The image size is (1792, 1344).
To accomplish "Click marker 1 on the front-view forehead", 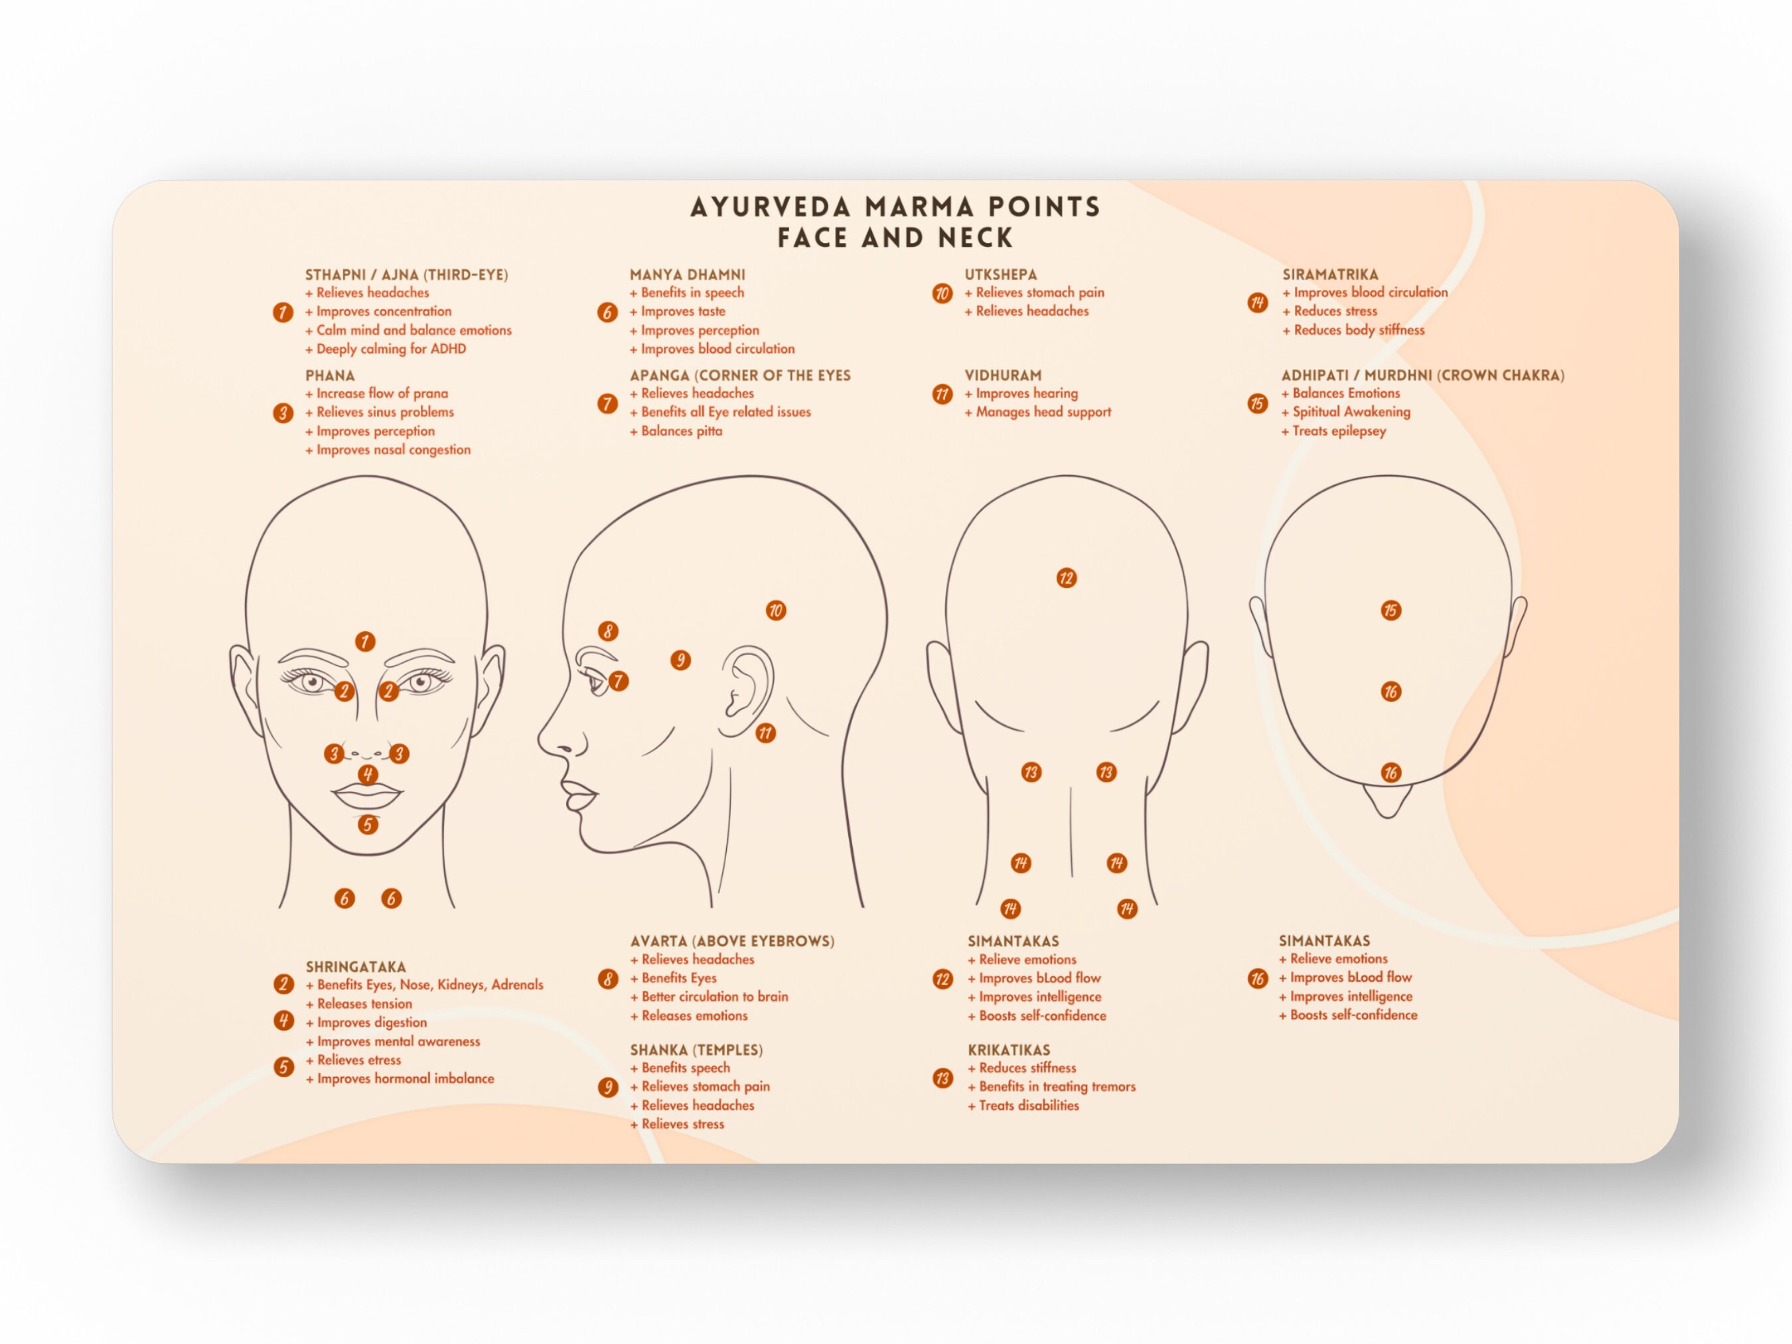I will click(x=364, y=642).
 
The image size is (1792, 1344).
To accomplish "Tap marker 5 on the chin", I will click(x=368, y=825).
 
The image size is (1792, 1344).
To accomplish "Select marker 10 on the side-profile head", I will click(x=775, y=611).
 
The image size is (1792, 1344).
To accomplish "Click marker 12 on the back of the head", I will click(x=1066, y=579).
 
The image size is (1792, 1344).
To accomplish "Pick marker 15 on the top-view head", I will click(x=1391, y=611).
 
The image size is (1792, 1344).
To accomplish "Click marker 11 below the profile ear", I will click(x=765, y=733).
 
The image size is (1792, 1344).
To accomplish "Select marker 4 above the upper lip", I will click(x=368, y=775).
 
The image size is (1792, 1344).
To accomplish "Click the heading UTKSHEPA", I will click(x=1000, y=275).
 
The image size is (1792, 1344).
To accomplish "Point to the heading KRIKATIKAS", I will click(x=1009, y=1050).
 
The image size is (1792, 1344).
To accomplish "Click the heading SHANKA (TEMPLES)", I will click(x=696, y=1050).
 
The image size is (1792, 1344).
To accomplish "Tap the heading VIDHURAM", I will click(x=1003, y=375).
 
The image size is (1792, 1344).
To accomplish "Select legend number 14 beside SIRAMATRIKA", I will click(x=1257, y=303).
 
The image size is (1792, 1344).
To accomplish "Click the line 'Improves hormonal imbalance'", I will click(x=404, y=1079).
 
